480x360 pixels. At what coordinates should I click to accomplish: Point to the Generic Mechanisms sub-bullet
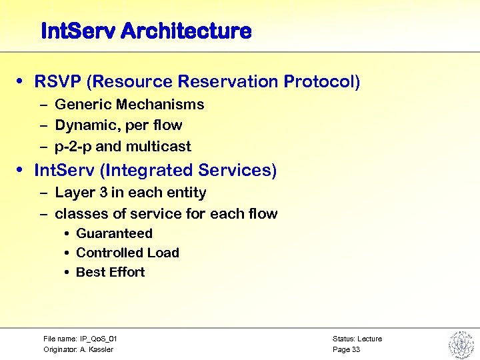[129, 105]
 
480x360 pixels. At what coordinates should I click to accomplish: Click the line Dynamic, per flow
[118, 125]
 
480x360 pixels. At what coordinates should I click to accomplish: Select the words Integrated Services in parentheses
[188, 171]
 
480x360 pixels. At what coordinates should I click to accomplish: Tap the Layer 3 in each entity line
[130, 193]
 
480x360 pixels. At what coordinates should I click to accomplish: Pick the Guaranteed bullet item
[114, 234]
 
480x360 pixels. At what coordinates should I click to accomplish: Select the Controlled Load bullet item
[127, 253]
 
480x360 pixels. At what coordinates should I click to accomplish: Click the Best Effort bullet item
[110, 272]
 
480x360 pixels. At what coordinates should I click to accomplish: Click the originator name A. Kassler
[97, 349]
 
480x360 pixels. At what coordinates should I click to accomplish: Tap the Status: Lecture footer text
[357, 339]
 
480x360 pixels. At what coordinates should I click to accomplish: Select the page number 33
[355, 349]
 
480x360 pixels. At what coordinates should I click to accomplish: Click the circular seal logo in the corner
[460, 344]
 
